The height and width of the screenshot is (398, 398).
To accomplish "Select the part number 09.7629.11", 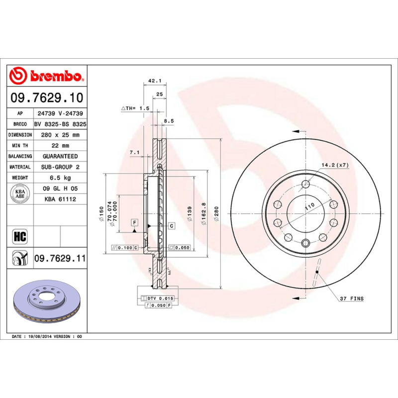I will pyautogui.click(x=60, y=258).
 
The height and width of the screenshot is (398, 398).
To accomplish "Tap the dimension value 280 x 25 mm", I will pyautogui.click(x=60, y=135).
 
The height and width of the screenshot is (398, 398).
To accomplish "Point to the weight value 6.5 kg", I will pyautogui.click(x=60, y=178).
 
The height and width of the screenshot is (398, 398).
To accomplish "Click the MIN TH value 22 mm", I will pyautogui.click(x=60, y=146).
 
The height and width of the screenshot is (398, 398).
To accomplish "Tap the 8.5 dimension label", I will pyautogui.click(x=169, y=121).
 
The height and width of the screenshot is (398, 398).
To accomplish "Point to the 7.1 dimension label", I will pyautogui.click(x=134, y=152).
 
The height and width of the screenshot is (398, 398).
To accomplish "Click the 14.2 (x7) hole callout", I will pyautogui.click(x=335, y=164).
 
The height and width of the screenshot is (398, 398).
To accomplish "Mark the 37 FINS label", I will pyautogui.click(x=351, y=298).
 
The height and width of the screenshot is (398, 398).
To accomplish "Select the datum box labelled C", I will pyautogui.click(x=171, y=226).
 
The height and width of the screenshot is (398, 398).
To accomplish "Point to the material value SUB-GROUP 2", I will pyautogui.click(x=60, y=167).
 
